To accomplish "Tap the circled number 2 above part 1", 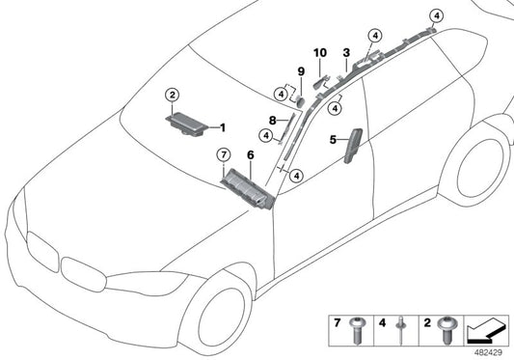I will click(x=172, y=95).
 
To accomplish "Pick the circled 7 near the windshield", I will click(x=222, y=154).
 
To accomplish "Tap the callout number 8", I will click(x=271, y=121).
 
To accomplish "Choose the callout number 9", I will click(x=300, y=72).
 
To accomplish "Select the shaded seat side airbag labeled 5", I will click(x=352, y=151).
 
